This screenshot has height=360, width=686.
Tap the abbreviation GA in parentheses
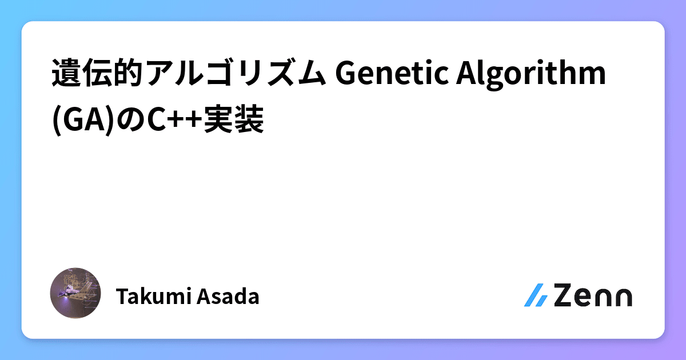pos(74,119)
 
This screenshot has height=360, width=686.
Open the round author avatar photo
pos(75,293)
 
